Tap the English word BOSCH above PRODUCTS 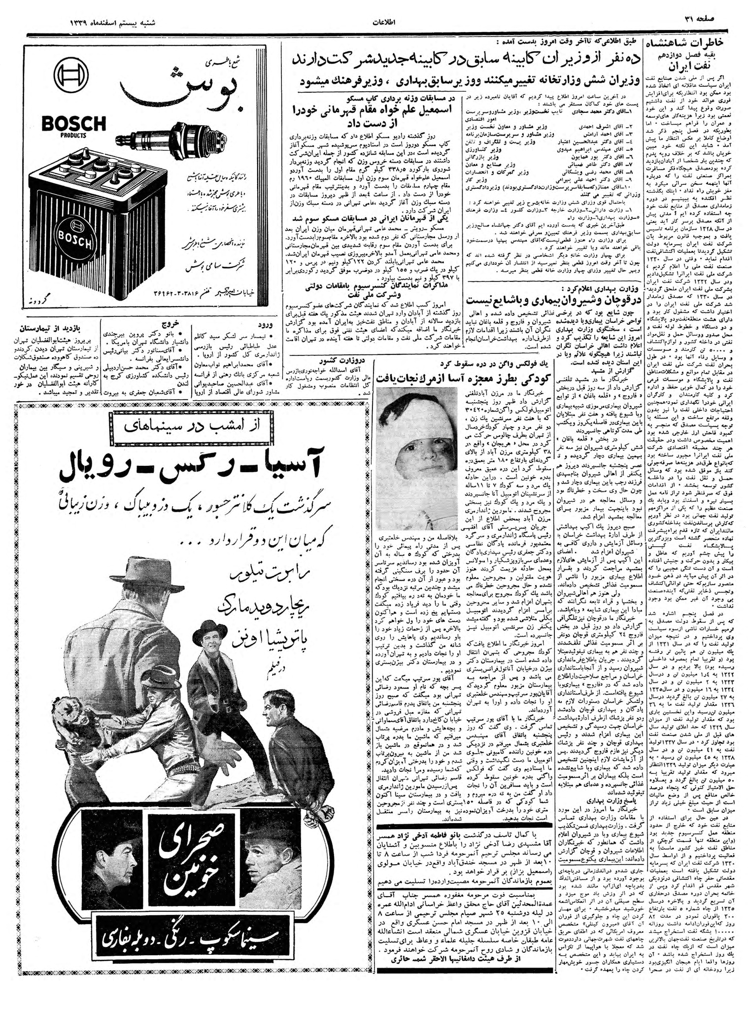click(x=73, y=124)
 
